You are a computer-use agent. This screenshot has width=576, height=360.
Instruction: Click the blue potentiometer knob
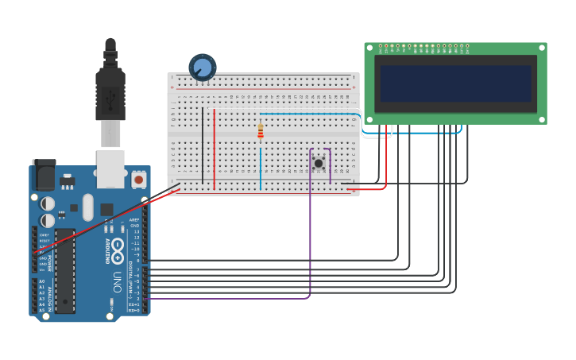click(x=203, y=68)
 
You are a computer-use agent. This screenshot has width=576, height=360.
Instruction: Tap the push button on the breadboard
click(x=319, y=163)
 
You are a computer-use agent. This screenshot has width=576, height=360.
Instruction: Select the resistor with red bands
click(x=260, y=132)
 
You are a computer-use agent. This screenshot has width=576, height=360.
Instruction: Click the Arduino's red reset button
click(x=139, y=180)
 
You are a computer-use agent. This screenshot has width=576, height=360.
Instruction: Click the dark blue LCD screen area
click(x=455, y=83)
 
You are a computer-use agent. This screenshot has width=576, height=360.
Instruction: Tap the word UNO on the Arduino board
click(x=116, y=280)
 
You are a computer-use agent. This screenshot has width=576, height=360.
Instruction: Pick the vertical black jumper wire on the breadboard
click(x=203, y=147)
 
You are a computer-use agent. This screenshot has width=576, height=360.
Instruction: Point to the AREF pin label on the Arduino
click(x=134, y=220)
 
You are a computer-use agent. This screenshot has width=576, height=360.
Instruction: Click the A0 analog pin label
click(x=41, y=281)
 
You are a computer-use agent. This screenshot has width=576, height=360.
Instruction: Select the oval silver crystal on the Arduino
click(x=87, y=207)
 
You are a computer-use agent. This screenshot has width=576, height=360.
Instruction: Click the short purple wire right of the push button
click(x=331, y=165)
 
